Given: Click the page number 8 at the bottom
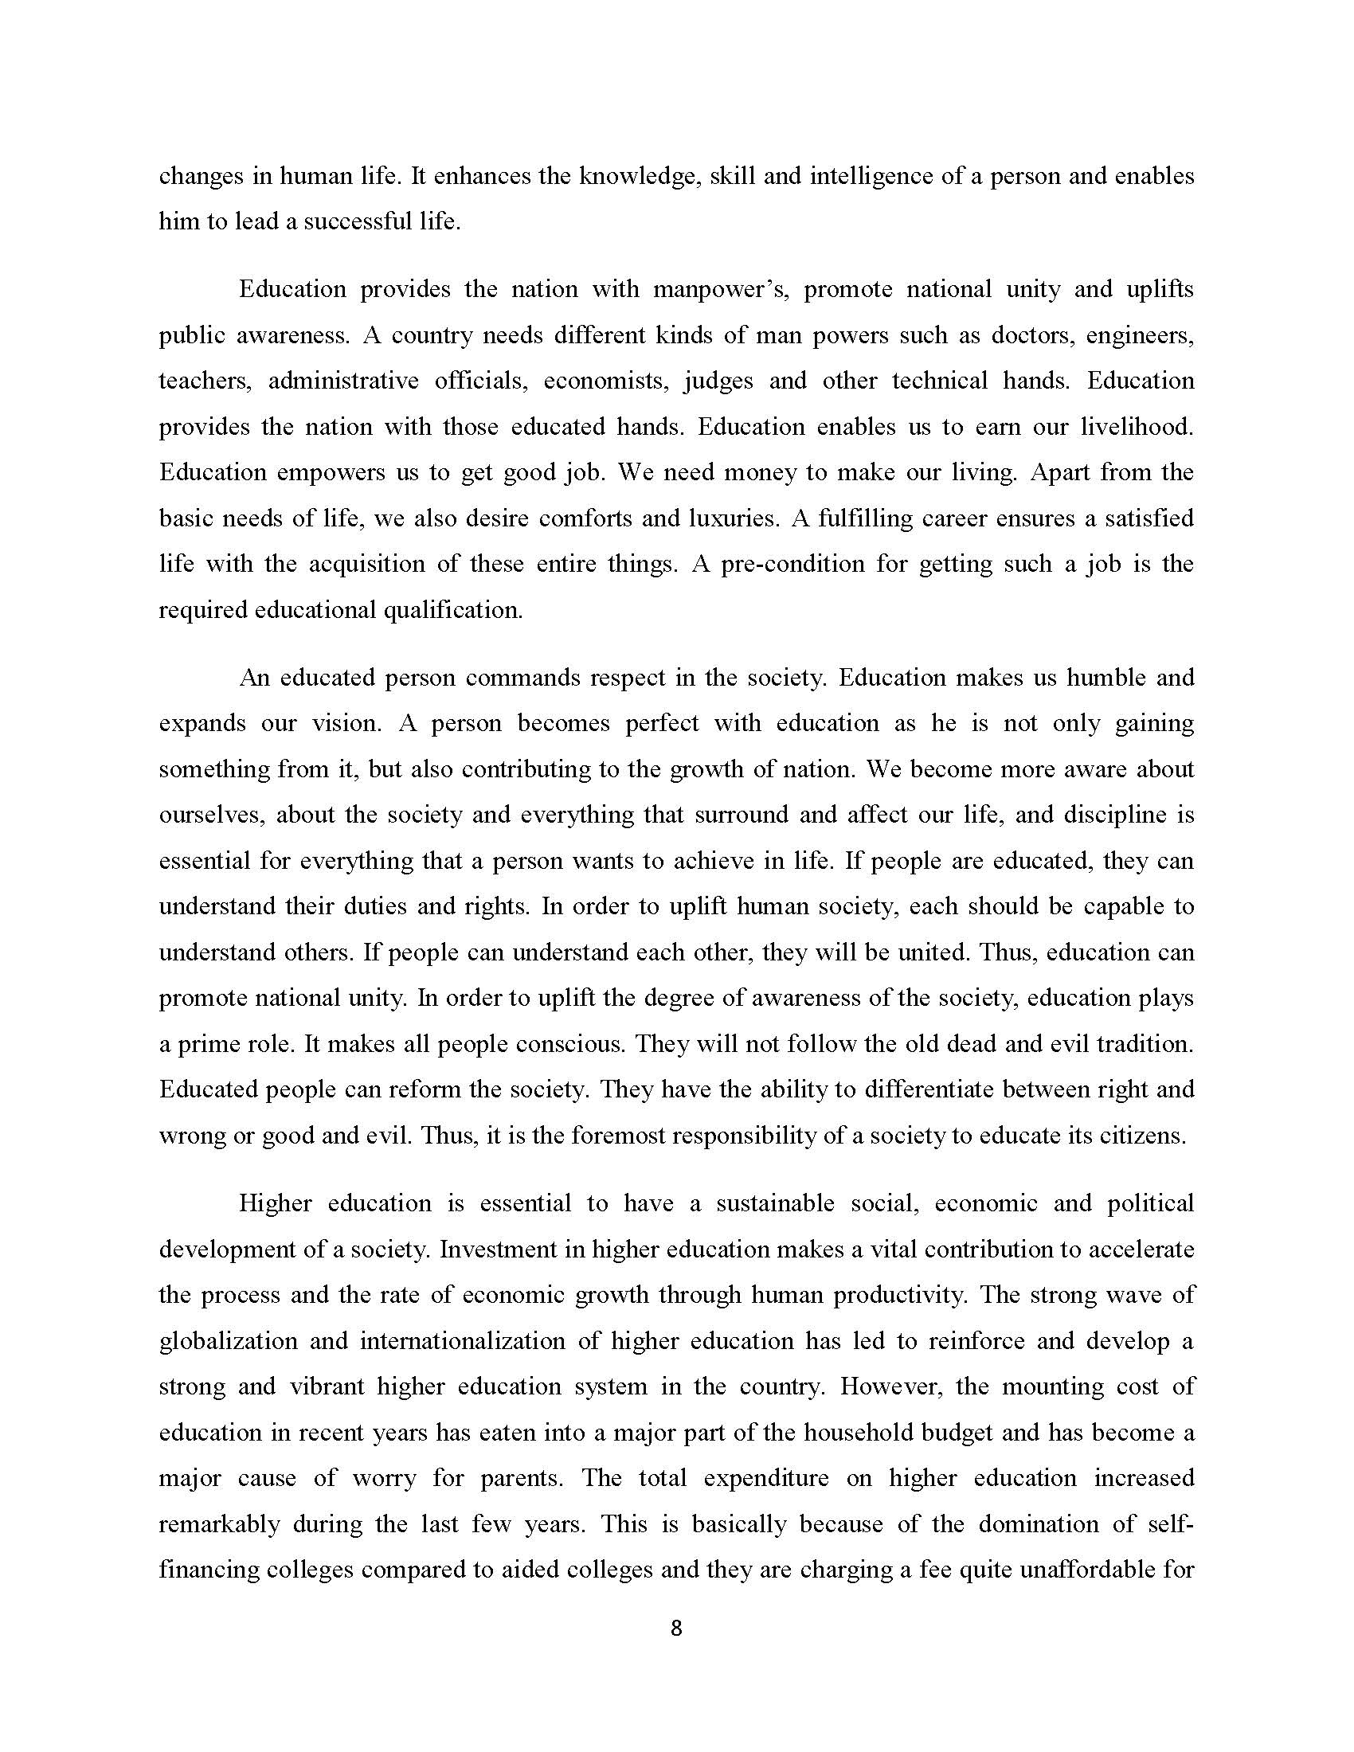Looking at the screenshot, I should tap(675, 1629).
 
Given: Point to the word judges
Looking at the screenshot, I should tap(718, 381).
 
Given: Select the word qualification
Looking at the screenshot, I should tap(452, 611).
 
